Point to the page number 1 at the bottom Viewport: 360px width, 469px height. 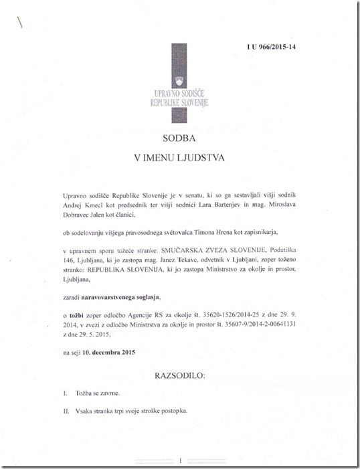(x=181, y=460)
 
